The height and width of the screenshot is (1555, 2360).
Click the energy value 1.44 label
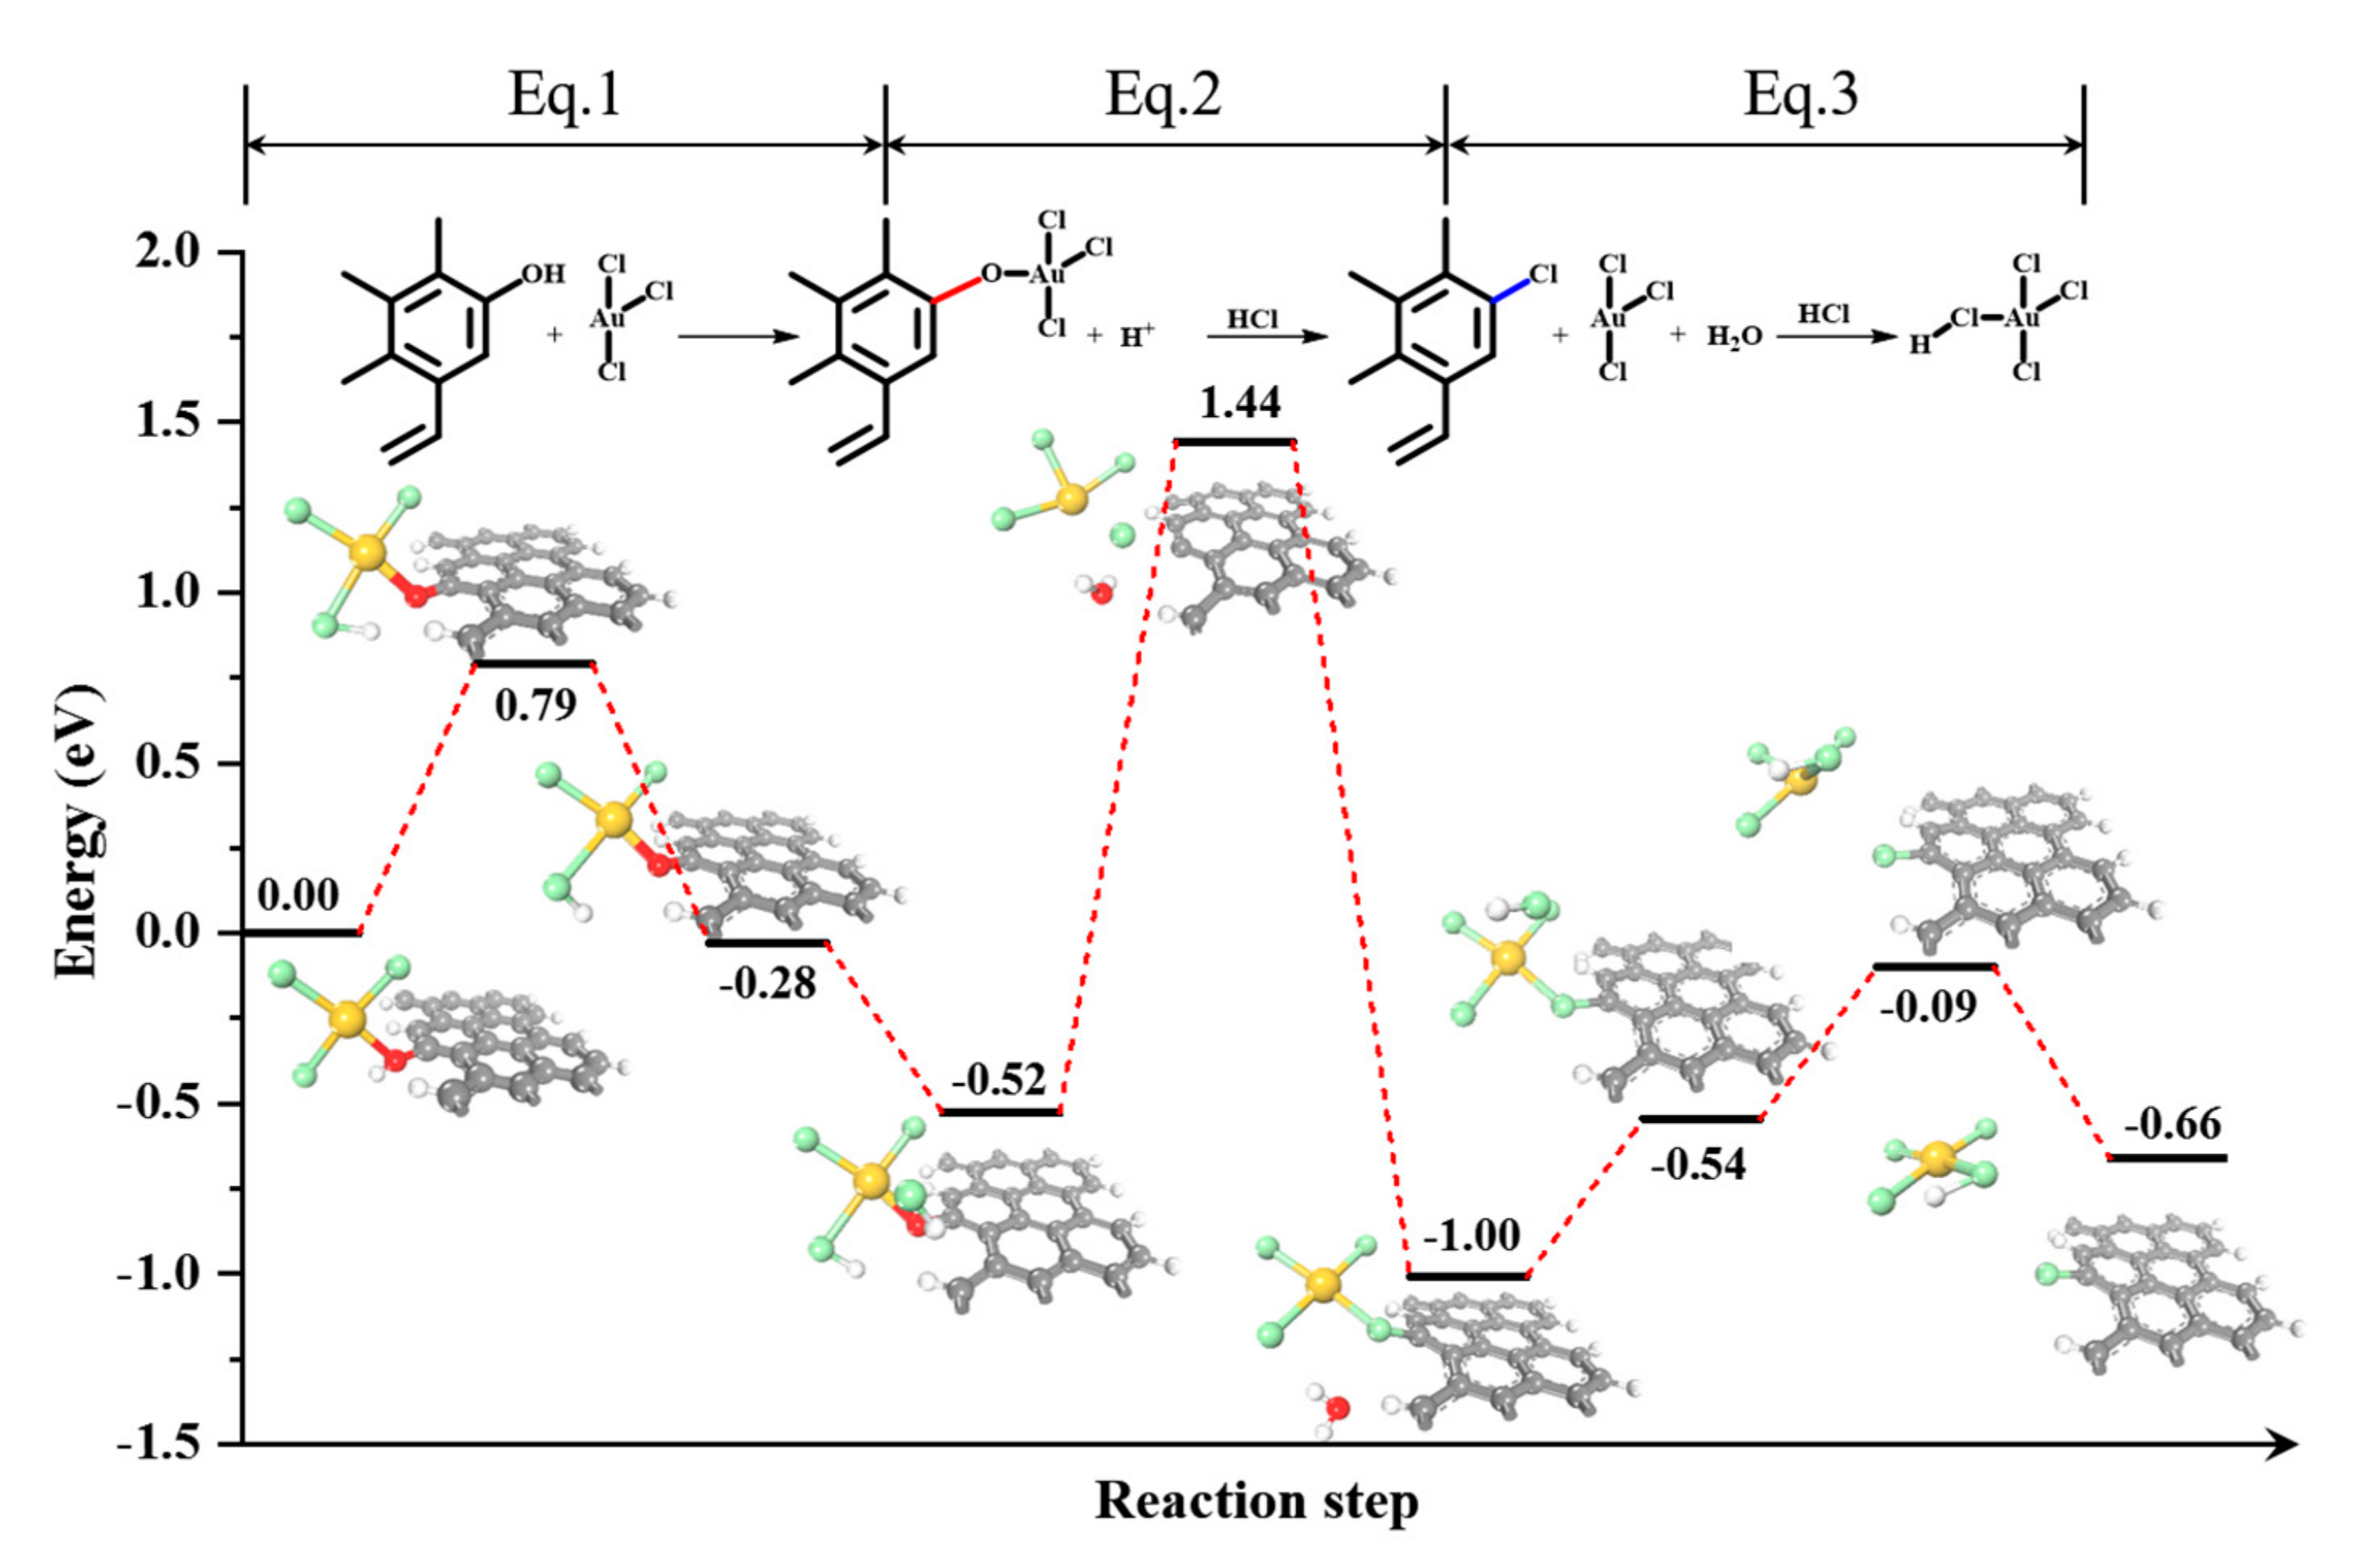click(x=1240, y=403)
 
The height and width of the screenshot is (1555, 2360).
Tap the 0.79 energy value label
click(x=535, y=705)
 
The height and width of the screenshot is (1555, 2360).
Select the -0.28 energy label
click(x=768, y=983)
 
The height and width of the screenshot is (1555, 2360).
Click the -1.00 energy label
click(x=1471, y=1235)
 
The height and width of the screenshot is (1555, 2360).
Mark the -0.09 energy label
click(x=1927, y=1008)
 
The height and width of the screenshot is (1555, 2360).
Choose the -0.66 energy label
click(x=2172, y=1124)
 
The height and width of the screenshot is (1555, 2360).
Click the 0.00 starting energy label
click(x=299, y=896)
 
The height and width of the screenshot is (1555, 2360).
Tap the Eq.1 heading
click(x=564, y=97)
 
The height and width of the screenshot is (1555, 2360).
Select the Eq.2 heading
click(x=1163, y=97)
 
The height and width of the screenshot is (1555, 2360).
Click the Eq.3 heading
click(x=1801, y=97)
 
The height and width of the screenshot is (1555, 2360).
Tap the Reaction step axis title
click(x=1256, y=1501)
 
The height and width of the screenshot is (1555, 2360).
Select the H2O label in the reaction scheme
click(x=1735, y=337)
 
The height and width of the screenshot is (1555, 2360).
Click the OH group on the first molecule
click(x=542, y=273)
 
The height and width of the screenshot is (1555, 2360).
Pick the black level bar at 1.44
click(x=1235, y=441)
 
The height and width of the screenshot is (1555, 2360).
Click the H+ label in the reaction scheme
click(x=1137, y=337)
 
